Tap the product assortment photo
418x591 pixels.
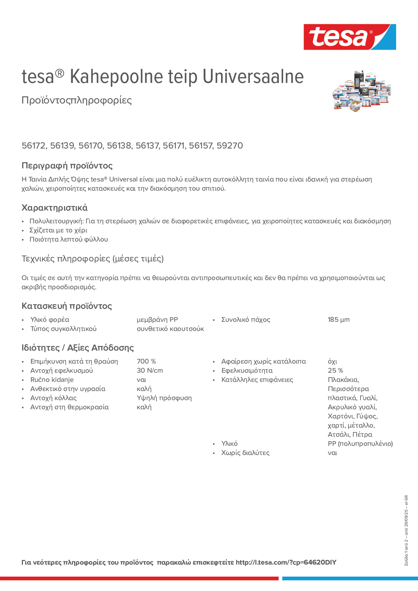pos(362,91)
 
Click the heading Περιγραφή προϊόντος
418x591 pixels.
pos(67,166)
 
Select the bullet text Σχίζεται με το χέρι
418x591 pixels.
pos(58,230)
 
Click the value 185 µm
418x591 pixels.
pos(338,320)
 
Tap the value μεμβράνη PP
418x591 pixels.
pos(157,320)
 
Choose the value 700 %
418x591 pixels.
pos(146,361)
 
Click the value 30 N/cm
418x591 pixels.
pos(150,370)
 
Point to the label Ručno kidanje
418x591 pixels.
pos(52,380)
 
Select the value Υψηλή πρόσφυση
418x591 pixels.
pos(164,398)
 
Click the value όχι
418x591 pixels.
pos(332,361)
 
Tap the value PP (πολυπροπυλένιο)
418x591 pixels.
pos(360,443)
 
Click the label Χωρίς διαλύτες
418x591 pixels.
pos(245,453)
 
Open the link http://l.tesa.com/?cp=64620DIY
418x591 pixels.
pos(286,562)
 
